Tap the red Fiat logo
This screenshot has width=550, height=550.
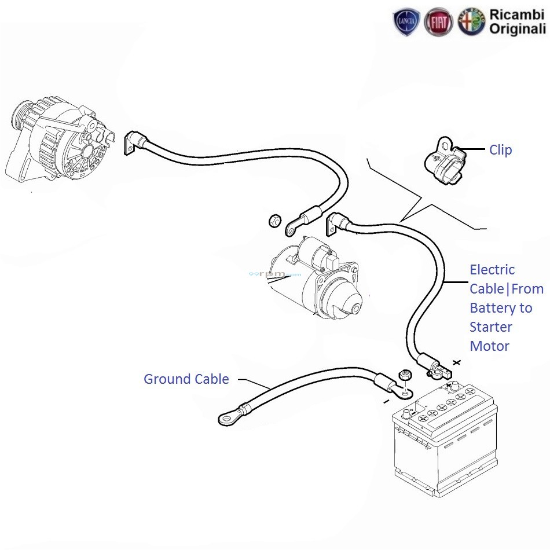[438, 23]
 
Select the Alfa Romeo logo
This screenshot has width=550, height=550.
[471, 23]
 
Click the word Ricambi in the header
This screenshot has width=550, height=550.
[517, 14]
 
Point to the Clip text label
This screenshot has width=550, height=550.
[500, 150]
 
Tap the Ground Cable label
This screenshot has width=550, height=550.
[186, 379]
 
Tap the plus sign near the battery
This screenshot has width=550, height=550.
[457, 362]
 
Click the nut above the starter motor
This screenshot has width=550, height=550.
[276, 221]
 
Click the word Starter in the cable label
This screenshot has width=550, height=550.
[491, 327]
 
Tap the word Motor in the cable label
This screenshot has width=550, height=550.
[489, 346]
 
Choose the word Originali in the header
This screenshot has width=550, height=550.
[517, 30]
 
